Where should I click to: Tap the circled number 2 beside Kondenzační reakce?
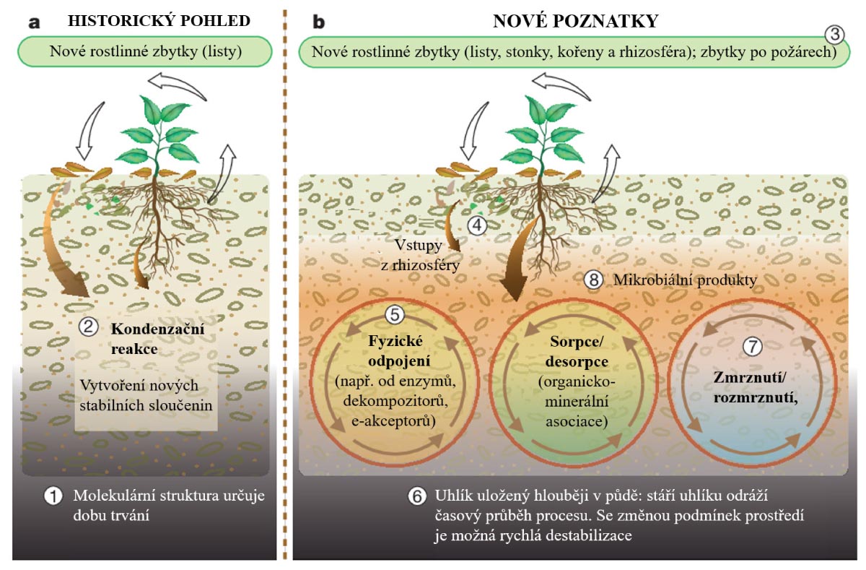coord(88,327)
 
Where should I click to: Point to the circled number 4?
coord(477,225)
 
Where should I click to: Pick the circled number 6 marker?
coord(416,497)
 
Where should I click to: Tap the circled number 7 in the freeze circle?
coord(752,346)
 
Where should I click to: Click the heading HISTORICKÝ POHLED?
coord(159,20)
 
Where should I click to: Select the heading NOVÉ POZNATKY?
coord(576,21)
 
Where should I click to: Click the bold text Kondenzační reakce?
coord(146,338)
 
